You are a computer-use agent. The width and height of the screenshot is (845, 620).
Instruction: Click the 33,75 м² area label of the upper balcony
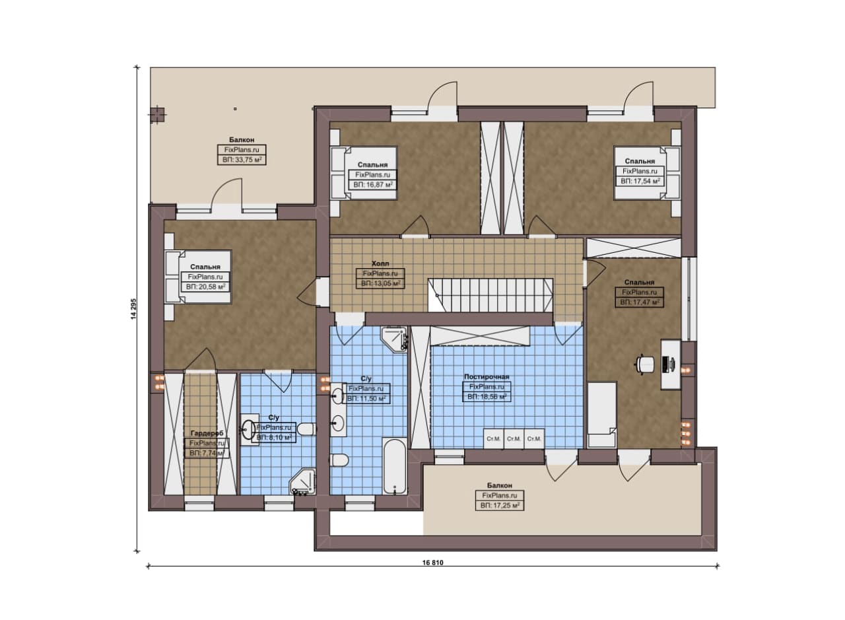(x=242, y=160)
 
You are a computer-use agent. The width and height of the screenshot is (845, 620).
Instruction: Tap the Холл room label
(x=380, y=263)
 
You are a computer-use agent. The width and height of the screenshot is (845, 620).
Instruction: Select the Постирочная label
(x=487, y=376)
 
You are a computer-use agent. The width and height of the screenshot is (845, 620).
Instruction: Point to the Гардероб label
(x=207, y=433)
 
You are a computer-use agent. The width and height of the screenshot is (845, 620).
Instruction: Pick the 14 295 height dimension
(x=133, y=310)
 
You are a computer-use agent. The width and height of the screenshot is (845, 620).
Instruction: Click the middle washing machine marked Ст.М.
(x=514, y=439)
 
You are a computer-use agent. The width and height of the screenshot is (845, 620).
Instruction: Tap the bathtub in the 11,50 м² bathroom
(x=394, y=465)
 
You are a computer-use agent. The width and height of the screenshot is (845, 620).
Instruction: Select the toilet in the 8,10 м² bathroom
(x=306, y=429)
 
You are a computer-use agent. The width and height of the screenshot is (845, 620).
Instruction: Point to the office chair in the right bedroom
(x=644, y=364)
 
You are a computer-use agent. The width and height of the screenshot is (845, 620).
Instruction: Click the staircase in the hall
(x=490, y=295)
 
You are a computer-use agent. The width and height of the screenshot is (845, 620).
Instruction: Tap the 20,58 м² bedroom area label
(x=205, y=287)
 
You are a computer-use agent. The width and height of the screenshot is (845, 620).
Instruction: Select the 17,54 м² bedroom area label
(x=640, y=182)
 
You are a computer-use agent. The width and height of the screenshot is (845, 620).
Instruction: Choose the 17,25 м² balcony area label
(x=500, y=506)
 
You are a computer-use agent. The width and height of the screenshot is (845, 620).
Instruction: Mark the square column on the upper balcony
(x=157, y=116)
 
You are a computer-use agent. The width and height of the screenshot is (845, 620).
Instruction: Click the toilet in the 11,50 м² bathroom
(x=339, y=460)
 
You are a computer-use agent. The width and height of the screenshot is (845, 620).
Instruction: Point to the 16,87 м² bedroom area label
(x=373, y=185)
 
